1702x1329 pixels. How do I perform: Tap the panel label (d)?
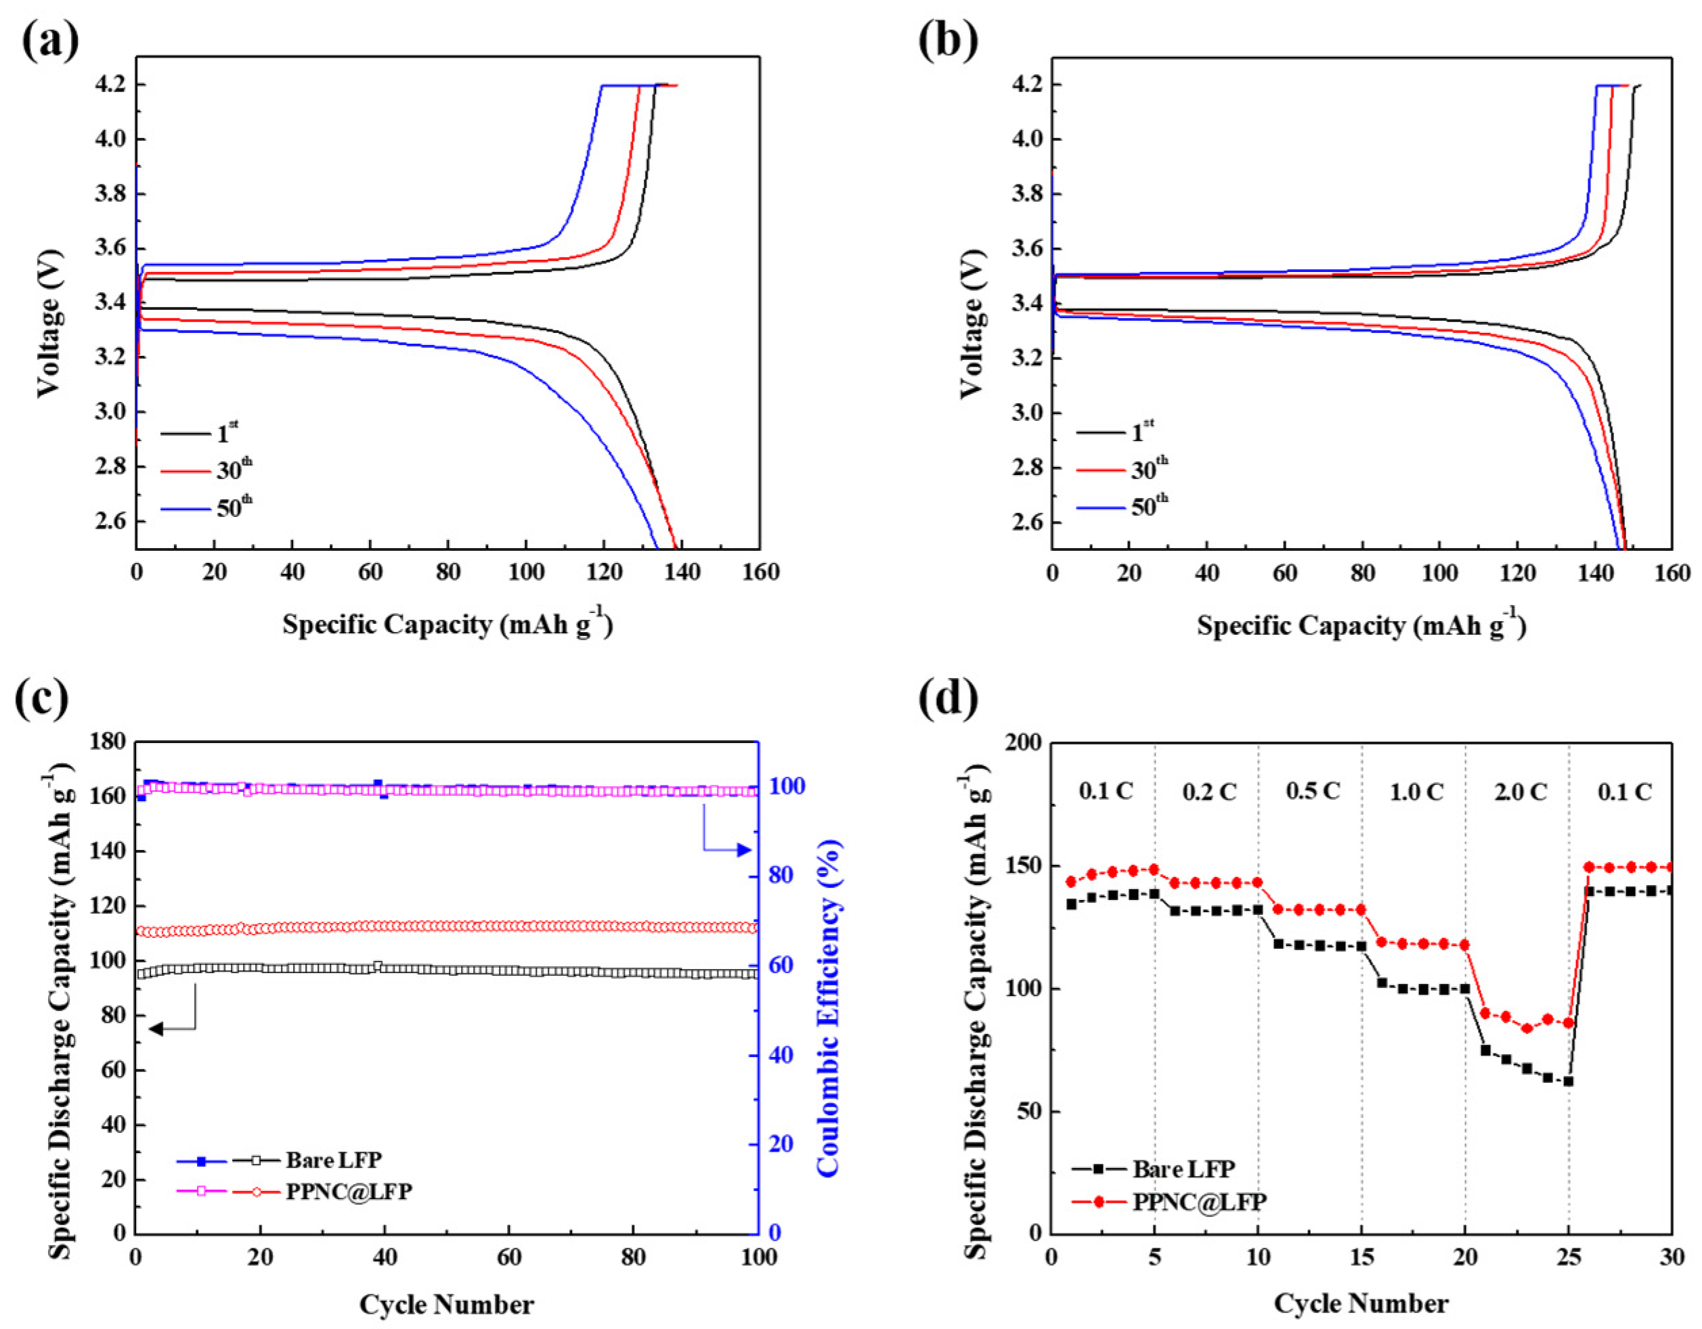pyautogui.click(x=948, y=698)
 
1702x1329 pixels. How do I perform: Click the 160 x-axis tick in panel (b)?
pyautogui.click(x=1671, y=573)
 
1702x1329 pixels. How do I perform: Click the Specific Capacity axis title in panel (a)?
pyautogui.click(x=448, y=625)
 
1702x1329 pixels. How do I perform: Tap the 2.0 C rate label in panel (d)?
pyautogui.click(x=1520, y=792)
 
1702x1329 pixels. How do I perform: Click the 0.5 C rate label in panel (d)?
pyautogui.click(x=1313, y=792)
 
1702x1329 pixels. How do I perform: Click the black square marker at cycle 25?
pyautogui.click(x=1568, y=1081)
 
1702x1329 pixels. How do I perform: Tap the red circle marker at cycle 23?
pyautogui.click(x=1527, y=1029)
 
